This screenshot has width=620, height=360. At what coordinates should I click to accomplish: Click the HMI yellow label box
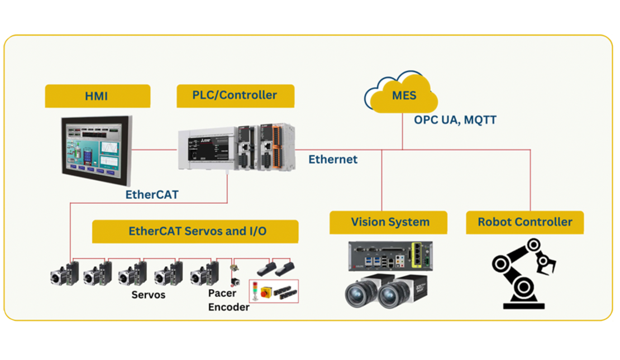[97, 95]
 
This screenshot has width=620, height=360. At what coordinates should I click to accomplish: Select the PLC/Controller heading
[235, 95]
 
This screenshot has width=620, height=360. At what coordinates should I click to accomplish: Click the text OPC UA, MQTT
[455, 119]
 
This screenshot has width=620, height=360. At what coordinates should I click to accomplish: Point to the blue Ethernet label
[333, 160]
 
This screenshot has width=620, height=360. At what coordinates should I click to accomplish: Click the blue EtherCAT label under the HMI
[152, 194]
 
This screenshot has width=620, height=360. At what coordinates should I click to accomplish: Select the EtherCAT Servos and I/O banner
[195, 231]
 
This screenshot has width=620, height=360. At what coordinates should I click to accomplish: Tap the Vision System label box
[389, 222]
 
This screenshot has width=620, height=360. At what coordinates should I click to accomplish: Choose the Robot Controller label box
[524, 222]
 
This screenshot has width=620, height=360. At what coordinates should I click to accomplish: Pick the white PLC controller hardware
[235, 147]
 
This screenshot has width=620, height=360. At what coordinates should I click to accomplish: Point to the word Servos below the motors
[148, 294]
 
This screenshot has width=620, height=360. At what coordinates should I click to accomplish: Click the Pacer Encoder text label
[228, 300]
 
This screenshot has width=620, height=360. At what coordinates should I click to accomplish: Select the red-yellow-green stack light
[255, 291]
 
